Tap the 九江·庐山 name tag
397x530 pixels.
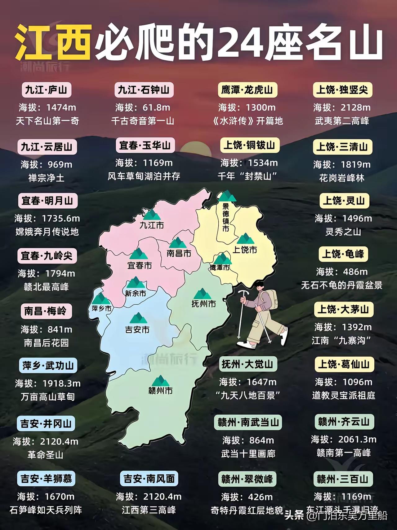click(46, 90)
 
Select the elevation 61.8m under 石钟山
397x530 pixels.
click(156, 107)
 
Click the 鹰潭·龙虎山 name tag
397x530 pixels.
click(247, 90)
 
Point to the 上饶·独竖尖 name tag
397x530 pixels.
click(342, 90)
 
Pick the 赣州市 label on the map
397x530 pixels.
click(160, 391)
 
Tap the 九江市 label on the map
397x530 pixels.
click(152, 225)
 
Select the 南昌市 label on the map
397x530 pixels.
click(179, 253)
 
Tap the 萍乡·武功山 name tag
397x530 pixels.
click(48, 366)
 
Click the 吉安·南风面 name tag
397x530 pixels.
click(149, 479)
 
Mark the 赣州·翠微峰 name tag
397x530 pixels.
click(247, 479)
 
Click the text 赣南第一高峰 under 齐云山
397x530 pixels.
click(344, 453)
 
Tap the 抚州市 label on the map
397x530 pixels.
click(203, 304)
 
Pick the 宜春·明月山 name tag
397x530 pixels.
click(47, 201)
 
